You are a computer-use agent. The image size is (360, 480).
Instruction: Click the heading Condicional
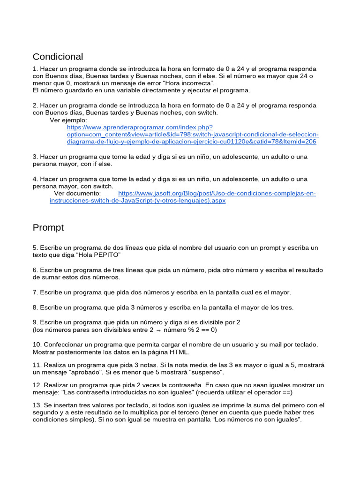pos(58,57)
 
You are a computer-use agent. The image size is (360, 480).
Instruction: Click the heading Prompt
pos(48,228)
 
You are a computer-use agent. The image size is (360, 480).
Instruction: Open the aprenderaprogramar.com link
pos(192,134)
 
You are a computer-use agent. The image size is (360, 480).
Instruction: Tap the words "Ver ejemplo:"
pos(68,120)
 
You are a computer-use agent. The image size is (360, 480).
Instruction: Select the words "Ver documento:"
pos(77,193)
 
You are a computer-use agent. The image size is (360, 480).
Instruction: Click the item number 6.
pos(35,270)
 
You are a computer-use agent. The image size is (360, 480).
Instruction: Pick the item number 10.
pos(37,344)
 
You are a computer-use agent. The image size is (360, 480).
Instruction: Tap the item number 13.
pos(37,405)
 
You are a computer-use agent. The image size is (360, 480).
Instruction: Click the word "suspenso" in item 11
pos(207,372)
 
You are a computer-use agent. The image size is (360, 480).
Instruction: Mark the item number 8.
pos(35,307)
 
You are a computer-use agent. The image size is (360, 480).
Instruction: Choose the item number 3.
pos(35,157)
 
